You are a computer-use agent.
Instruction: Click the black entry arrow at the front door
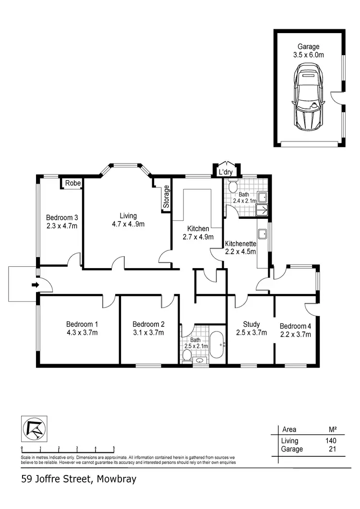[35, 285]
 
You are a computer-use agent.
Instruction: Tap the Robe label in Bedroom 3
[73, 183]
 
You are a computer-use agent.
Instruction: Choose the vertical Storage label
[167, 197]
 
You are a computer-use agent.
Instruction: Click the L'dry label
[226, 173]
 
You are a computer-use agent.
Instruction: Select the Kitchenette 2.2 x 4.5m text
[240, 248]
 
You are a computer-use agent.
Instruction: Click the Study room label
[251, 323]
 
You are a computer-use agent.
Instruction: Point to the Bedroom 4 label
[295, 326]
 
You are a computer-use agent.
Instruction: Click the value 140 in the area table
[330, 441]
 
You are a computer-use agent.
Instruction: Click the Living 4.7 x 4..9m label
[128, 220]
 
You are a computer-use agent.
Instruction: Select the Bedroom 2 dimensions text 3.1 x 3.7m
[148, 332]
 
